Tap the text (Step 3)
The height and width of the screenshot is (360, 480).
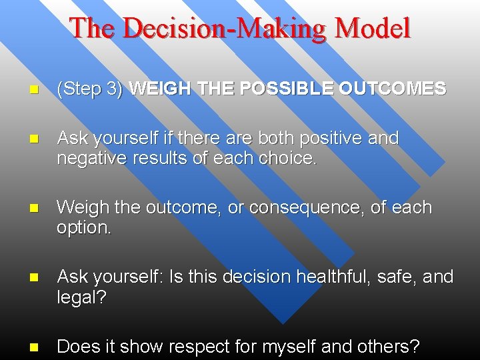90,89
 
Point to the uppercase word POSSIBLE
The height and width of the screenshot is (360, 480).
290,89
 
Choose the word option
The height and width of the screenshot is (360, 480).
83,227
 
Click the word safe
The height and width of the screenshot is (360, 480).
392,277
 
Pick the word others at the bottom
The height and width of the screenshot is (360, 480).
392,347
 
